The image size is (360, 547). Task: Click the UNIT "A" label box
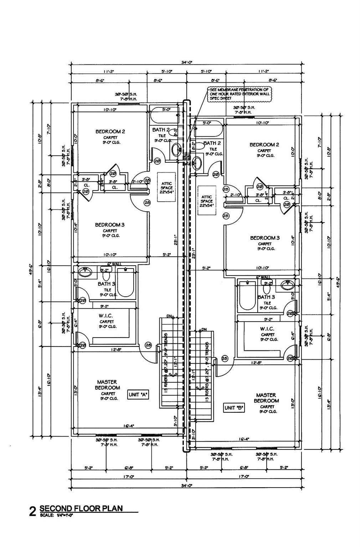tap(138, 395)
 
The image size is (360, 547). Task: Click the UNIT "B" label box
tap(234, 408)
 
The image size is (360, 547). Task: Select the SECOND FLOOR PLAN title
tap(81, 508)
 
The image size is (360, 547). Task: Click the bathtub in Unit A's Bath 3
tap(125, 282)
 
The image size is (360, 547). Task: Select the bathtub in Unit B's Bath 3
tap(247, 295)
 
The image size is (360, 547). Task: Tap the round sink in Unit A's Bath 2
tap(176, 150)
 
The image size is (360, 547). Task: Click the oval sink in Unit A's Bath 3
tap(85, 272)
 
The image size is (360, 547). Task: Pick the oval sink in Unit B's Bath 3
tap(287, 285)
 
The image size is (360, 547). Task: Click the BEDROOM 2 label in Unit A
tap(110, 131)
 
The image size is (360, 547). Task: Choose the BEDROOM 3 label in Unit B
tap(265, 238)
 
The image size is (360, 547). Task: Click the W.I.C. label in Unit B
tap(267, 329)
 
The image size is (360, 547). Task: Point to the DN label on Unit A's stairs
tap(170, 316)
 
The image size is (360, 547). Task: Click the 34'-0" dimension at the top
tap(187, 62)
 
